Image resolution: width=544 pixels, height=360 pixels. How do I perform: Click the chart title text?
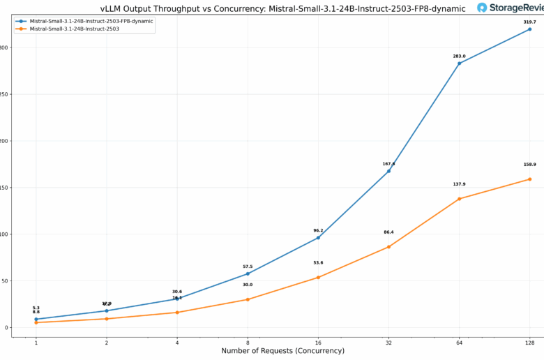click(x=282, y=8)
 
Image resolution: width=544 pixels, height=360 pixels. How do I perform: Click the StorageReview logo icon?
click(x=483, y=8)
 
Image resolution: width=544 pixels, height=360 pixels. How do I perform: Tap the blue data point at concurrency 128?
click(x=529, y=29)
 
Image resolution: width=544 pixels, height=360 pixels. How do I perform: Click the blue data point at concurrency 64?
click(x=459, y=63)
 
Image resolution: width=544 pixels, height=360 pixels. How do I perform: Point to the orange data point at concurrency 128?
click(x=529, y=179)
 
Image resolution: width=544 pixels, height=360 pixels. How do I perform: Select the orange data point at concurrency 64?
click(x=459, y=199)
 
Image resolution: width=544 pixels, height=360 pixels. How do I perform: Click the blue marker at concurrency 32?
click(x=388, y=171)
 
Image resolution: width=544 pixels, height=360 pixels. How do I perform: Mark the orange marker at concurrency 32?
click(x=388, y=247)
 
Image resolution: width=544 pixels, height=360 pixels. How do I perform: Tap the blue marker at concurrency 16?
click(x=318, y=238)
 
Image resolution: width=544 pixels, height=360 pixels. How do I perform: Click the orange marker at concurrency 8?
click(x=248, y=299)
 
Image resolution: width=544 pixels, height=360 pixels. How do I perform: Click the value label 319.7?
click(x=529, y=22)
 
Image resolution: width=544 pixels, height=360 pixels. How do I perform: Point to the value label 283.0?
click(x=459, y=57)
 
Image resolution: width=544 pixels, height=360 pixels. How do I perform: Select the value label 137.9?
click(x=459, y=184)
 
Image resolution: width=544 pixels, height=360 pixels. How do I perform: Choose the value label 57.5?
click(x=248, y=267)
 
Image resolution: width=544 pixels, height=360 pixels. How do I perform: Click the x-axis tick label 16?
click(x=318, y=342)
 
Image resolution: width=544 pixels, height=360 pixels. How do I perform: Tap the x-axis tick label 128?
click(x=529, y=342)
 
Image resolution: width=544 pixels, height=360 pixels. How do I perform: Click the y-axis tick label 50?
click(x=4, y=281)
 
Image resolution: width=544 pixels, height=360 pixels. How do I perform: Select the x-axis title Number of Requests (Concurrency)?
click(x=282, y=351)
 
